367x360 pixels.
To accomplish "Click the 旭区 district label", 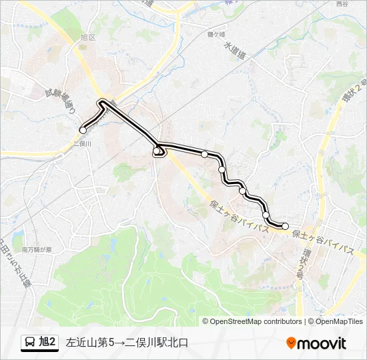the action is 88,38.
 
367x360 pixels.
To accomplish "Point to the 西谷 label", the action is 342,5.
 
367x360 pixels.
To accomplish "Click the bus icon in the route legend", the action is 30,343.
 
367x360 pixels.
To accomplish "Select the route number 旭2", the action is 48,343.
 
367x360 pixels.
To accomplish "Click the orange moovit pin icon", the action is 292,343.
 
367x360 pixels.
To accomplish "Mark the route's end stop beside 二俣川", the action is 83,131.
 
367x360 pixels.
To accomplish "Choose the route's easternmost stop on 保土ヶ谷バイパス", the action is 285,226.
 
